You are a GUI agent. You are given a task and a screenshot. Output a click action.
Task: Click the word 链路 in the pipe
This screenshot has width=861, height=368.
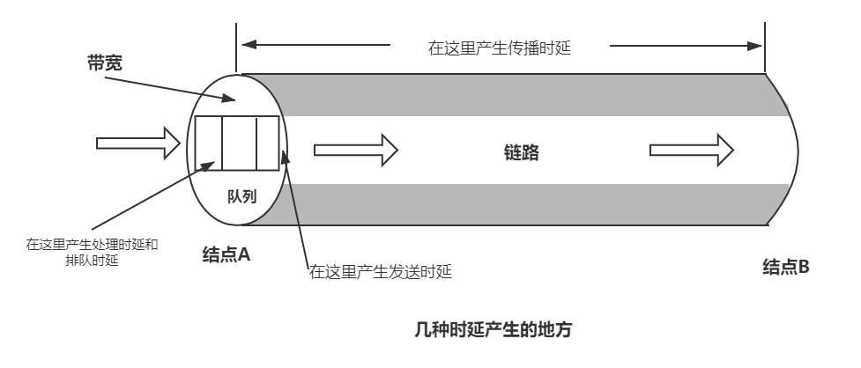click(516, 151)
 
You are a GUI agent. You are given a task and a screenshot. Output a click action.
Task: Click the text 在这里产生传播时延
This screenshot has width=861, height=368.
click(501, 48)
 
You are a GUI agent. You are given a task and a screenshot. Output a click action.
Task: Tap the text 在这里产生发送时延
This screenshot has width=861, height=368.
click(380, 271)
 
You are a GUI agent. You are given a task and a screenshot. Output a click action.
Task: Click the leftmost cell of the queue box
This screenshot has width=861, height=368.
click(208, 144)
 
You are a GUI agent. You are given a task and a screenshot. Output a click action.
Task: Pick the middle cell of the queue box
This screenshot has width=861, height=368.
click(238, 144)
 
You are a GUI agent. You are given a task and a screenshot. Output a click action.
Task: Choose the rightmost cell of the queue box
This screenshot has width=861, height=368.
click(267, 144)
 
